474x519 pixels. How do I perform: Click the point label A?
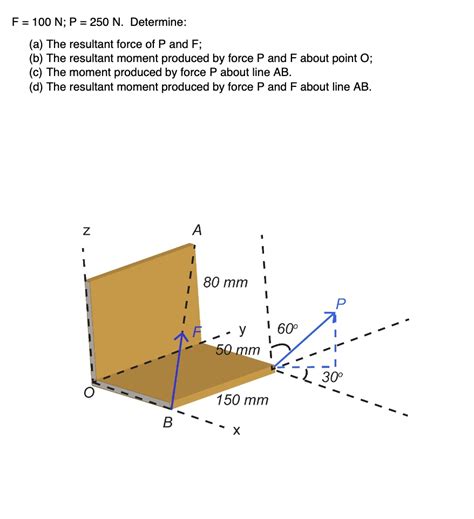point(197,231)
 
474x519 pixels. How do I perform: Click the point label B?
point(168,423)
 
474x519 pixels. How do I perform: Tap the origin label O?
point(89,394)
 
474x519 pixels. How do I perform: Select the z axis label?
point(87,231)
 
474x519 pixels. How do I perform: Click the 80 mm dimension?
point(225,283)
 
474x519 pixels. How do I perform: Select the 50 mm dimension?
point(238,350)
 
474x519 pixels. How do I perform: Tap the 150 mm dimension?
point(242,400)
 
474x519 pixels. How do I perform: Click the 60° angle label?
point(287,329)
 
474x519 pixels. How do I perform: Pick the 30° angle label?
point(332,378)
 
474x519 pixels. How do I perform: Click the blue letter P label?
point(342,303)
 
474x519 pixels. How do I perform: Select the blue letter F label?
point(197,331)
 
